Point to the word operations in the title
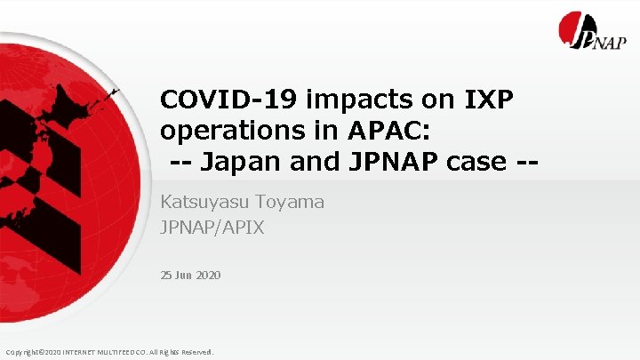click(233, 132)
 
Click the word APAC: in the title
click(380, 132)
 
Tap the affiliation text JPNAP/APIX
click(212, 228)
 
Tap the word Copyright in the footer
click(22, 352)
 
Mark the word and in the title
click(303, 163)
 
